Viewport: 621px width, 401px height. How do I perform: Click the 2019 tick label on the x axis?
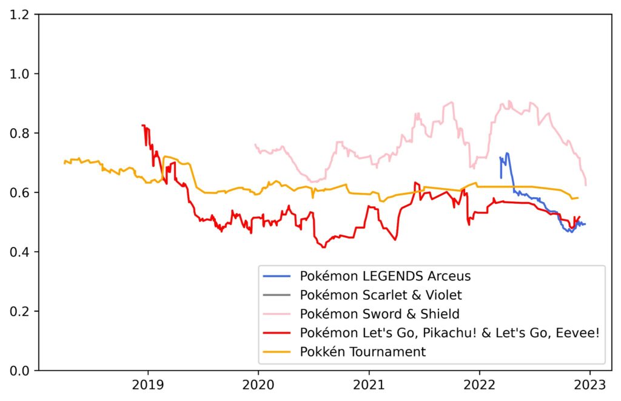pyautogui.click(x=147, y=386)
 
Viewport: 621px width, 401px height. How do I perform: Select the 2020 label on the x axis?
pyautogui.click(x=258, y=386)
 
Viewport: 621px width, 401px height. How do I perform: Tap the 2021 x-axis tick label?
pyautogui.click(x=369, y=386)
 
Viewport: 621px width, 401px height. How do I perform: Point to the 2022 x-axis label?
pyautogui.click(x=479, y=386)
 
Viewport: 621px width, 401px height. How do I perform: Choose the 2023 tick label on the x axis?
pyautogui.click(x=590, y=386)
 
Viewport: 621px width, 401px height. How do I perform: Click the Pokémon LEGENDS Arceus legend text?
pyautogui.click(x=385, y=277)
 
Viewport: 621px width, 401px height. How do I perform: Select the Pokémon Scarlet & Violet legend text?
pyautogui.click(x=381, y=295)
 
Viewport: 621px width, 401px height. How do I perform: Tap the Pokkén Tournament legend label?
pyautogui.click(x=363, y=352)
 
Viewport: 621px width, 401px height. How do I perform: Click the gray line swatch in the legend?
pyautogui.click(x=278, y=295)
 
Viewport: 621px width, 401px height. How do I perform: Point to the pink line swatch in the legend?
pyautogui.click(x=278, y=314)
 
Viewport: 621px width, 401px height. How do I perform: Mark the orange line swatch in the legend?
pyautogui.click(x=278, y=352)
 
